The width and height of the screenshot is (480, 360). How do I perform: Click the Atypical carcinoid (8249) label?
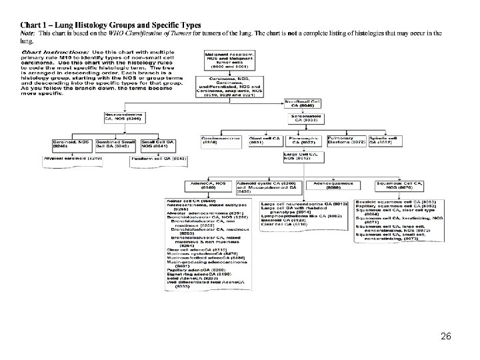click(x=73, y=159)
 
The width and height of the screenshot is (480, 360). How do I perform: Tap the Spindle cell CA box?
click(x=385, y=141)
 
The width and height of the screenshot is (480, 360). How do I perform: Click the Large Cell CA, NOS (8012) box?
click(x=303, y=157)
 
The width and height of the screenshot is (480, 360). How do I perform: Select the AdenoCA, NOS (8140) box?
click(x=188, y=185)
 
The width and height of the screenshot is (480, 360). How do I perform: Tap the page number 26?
click(x=445, y=336)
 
